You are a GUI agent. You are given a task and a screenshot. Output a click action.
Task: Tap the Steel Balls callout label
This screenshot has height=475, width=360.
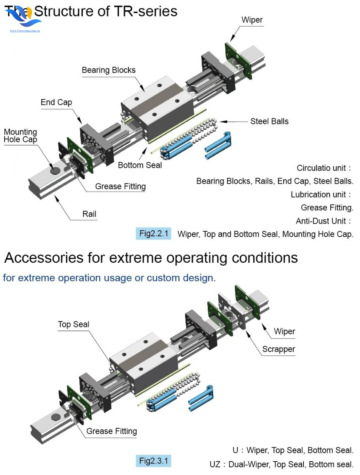(x=269, y=121)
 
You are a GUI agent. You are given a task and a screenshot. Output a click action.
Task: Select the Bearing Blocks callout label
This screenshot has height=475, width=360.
(x=108, y=70)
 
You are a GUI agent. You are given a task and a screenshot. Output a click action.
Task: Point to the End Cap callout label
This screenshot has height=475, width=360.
(x=56, y=102)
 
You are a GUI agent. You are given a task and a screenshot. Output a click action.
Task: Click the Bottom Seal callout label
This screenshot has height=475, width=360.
(x=140, y=165)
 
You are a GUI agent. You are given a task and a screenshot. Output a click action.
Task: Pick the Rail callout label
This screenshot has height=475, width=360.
(x=89, y=214)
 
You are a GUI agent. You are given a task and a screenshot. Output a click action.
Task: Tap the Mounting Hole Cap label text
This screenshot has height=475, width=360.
(x=20, y=136)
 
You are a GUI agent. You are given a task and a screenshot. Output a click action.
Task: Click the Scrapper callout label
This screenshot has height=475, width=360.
(x=279, y=349)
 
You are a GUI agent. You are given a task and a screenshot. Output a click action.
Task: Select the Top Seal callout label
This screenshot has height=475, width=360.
(x=74, y=325)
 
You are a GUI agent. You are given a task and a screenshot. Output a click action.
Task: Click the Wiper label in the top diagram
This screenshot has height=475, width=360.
(x=252, y=19)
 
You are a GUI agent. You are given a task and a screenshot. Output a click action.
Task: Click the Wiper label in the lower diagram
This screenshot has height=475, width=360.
(x=284, y=331)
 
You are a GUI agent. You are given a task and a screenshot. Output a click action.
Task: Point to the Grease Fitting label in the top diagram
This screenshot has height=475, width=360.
(x=120, y=186)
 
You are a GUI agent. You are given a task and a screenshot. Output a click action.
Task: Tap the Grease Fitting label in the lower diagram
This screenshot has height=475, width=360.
(x=112, y=431)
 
